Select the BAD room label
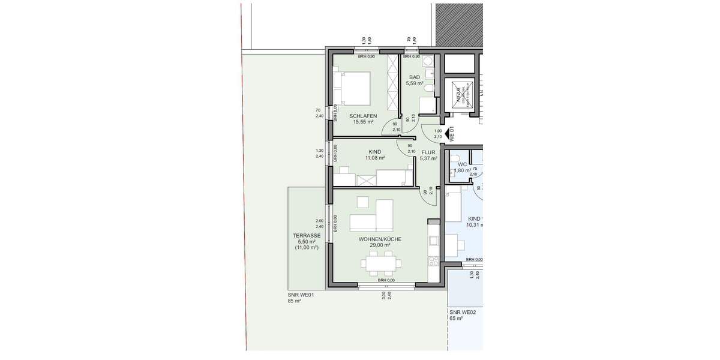coord(415,77)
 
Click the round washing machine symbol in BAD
coord(427,61)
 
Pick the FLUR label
coord(428,152)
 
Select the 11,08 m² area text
coord(375,158)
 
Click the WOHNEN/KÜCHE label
coord(380,239)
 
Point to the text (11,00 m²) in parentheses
coord(306,247)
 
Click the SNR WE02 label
coord(463,312)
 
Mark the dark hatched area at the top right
coord(459,24)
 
